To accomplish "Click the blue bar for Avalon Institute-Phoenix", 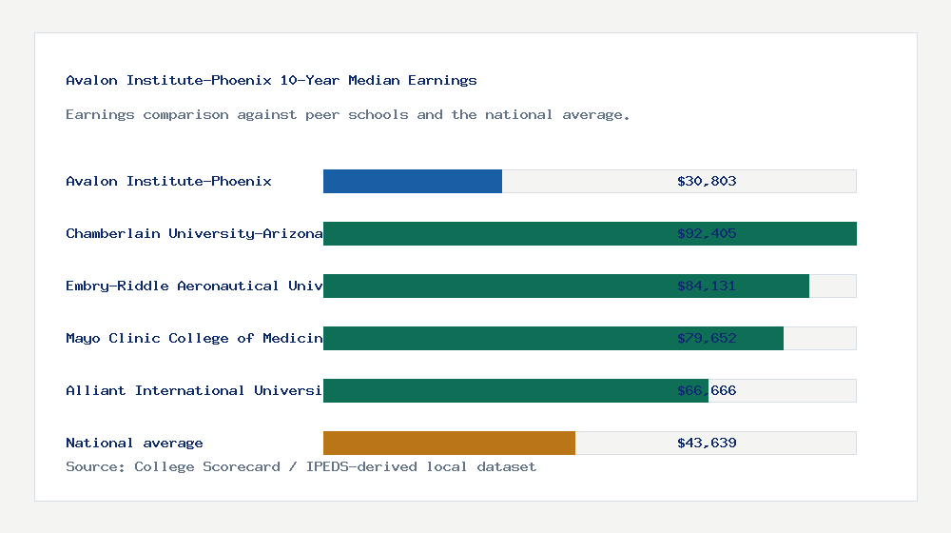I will tap(413, 181).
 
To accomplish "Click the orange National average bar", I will tap(449, 443).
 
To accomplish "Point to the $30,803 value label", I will tap(707, 181).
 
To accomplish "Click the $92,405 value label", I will tap(707, 233).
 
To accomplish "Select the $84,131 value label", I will tap(707, 286).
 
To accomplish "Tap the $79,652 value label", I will tap(707, 338).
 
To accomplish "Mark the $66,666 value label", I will tap(707, 390).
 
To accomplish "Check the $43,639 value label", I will tap(707, 443).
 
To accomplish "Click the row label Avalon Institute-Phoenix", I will tap(168, 181).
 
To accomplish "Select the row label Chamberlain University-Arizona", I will tap(194, 233).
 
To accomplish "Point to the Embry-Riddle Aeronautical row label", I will tap(194, 286).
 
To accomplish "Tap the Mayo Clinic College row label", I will tap(194, 338).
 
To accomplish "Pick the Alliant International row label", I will tap(194, 390).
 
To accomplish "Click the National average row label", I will tap(134, 443).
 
